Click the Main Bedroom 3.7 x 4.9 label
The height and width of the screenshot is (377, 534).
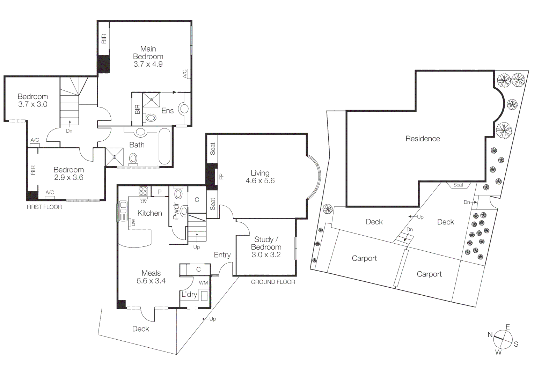pyautogui.click(x=148, y=57)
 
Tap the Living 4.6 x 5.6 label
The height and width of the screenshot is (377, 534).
pyautogui.click(x=260, y=177)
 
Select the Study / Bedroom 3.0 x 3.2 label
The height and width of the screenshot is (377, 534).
pyautogui.click(x=266, y=247)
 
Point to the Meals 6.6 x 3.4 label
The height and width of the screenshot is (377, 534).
pyautogui.click(x=151, y=277)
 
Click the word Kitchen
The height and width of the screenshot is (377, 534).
pyautogui.click(x=149, y=213)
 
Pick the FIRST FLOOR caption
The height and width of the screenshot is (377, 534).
pyautogui.click(x=44, y=207)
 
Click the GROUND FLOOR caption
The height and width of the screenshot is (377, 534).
pyautogui.click(x=273, y=282)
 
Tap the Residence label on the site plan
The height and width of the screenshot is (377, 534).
pyautogui.click(x=422, y=139)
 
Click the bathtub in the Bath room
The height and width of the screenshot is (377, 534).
pyautogui.click(x=164, y=147)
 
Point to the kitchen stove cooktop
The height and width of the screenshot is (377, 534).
pyautogui.click(x=144, y=191)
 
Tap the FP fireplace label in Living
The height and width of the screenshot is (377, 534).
pyautogui.click(x=221, y=177)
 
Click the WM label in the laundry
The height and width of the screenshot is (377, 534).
pyautogui.click(x=203, y=283)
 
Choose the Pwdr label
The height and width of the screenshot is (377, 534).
pyautogui.click(x=176, y=211)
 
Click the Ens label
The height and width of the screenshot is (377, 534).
pyautogui.click(x=167, y=111)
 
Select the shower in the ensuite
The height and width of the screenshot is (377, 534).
pyautogui.click(x=152, y=99)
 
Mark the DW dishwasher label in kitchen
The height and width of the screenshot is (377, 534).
pyautogui.click(x=133, y=222)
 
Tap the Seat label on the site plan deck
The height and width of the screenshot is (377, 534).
pyautogui.click(x=458, y=185)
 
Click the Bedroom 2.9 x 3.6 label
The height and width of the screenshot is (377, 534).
pyautogui.click(x=68, y=173)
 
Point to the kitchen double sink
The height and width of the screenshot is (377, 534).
pyautogui.click(x=123, y=211)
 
